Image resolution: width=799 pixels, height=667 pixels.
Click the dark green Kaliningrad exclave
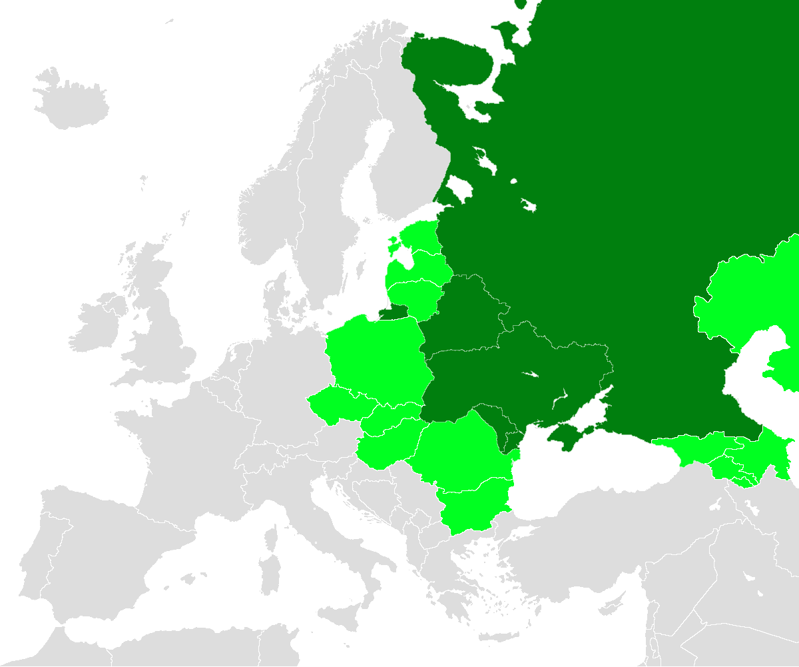coord(392,313)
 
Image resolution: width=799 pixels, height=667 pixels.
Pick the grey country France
coord(186,453)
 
